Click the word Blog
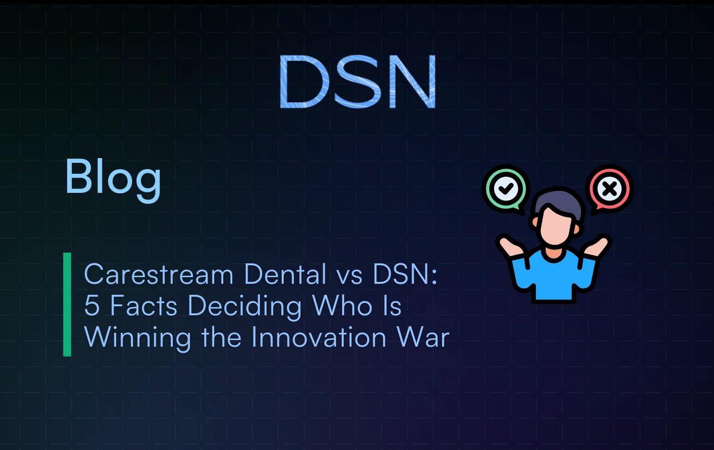[x=113, y=178]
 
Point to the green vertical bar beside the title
[x=67, y=304]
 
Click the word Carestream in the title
[x=159, y=275]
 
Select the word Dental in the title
[x=285, y=275]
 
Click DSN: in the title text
[x=405, y=275]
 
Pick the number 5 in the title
[x=92, y=306]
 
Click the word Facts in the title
[x=144, y=306]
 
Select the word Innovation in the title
[x=318, y=338]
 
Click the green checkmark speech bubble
[x=506, y=189]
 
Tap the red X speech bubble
[x=609, y=189]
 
